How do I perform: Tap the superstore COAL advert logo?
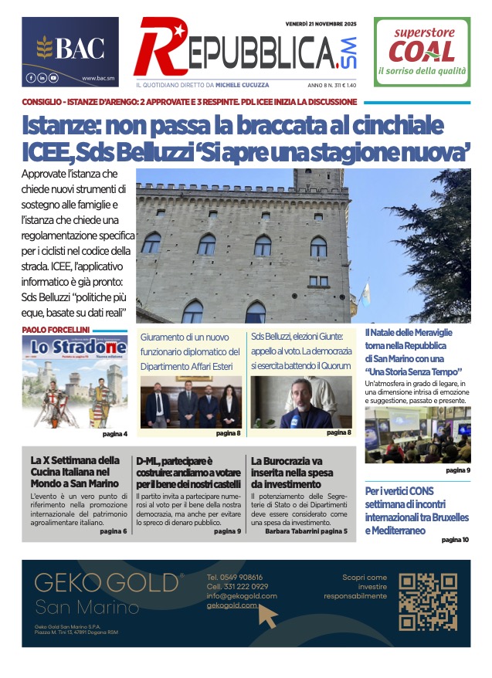coord(421,51)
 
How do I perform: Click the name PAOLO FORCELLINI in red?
coord(56,330)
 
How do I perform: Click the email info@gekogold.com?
coord(242,595)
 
